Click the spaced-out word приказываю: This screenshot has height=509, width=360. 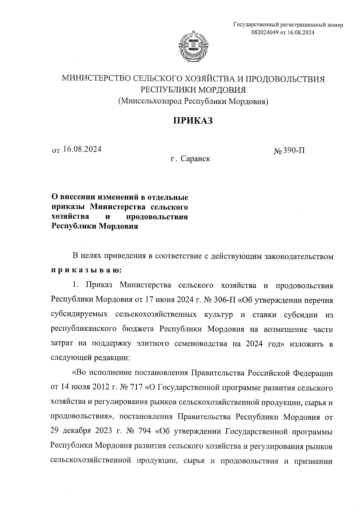[86, 270]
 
